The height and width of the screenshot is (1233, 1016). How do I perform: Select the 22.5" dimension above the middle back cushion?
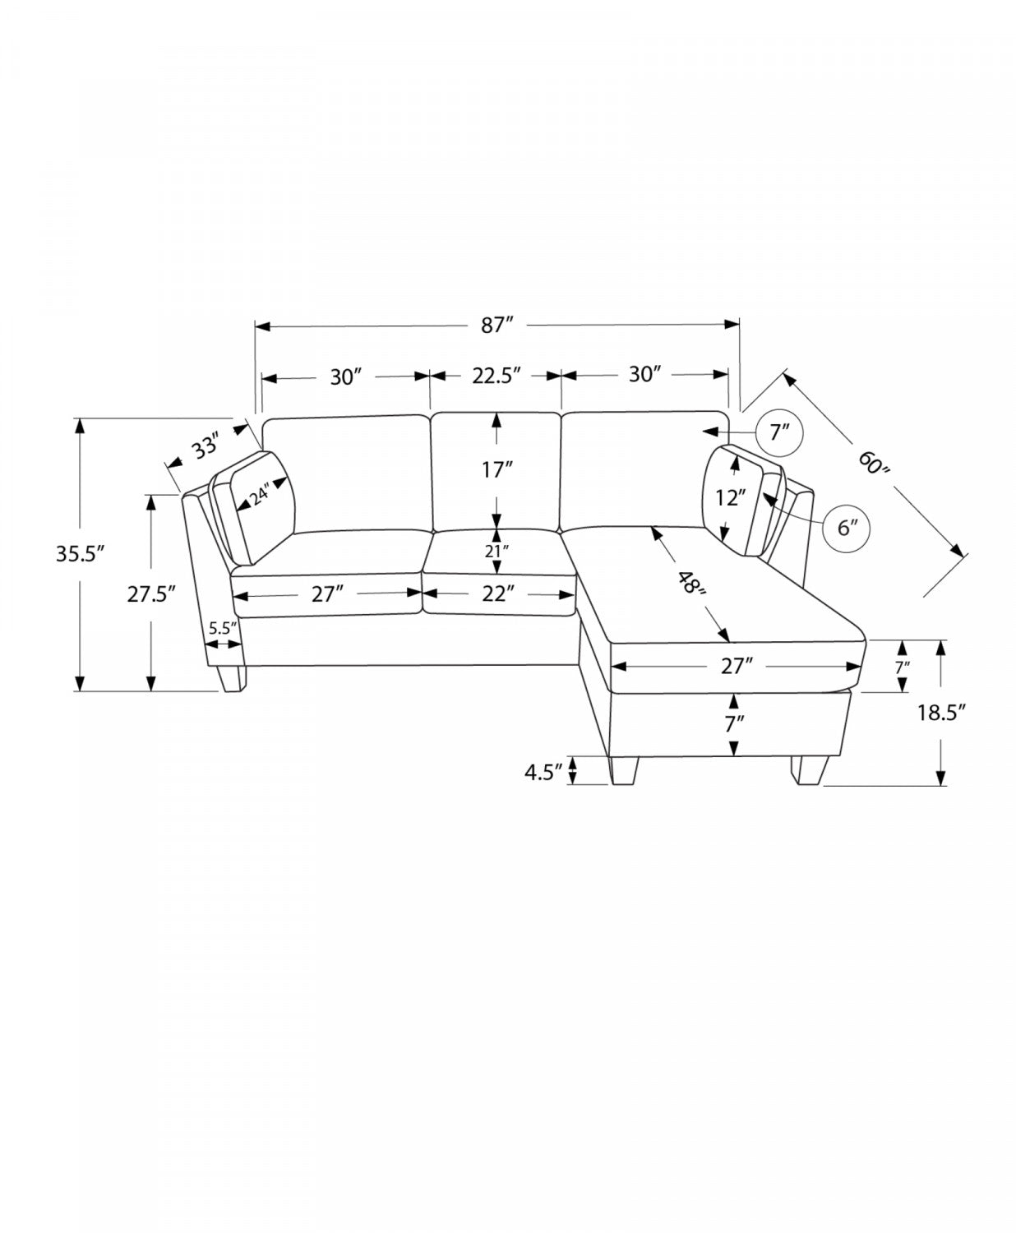(496, 376)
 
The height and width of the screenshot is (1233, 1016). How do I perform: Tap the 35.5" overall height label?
(80, 555)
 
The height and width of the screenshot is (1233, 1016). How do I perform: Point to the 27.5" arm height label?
(151, 594)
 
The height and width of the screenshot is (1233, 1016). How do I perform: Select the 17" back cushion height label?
(496, 470)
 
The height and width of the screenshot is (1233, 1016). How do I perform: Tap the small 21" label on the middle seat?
(496, 552)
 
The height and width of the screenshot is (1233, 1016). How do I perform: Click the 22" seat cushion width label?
(495, 593)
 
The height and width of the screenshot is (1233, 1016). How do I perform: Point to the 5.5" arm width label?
(222, 628)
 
